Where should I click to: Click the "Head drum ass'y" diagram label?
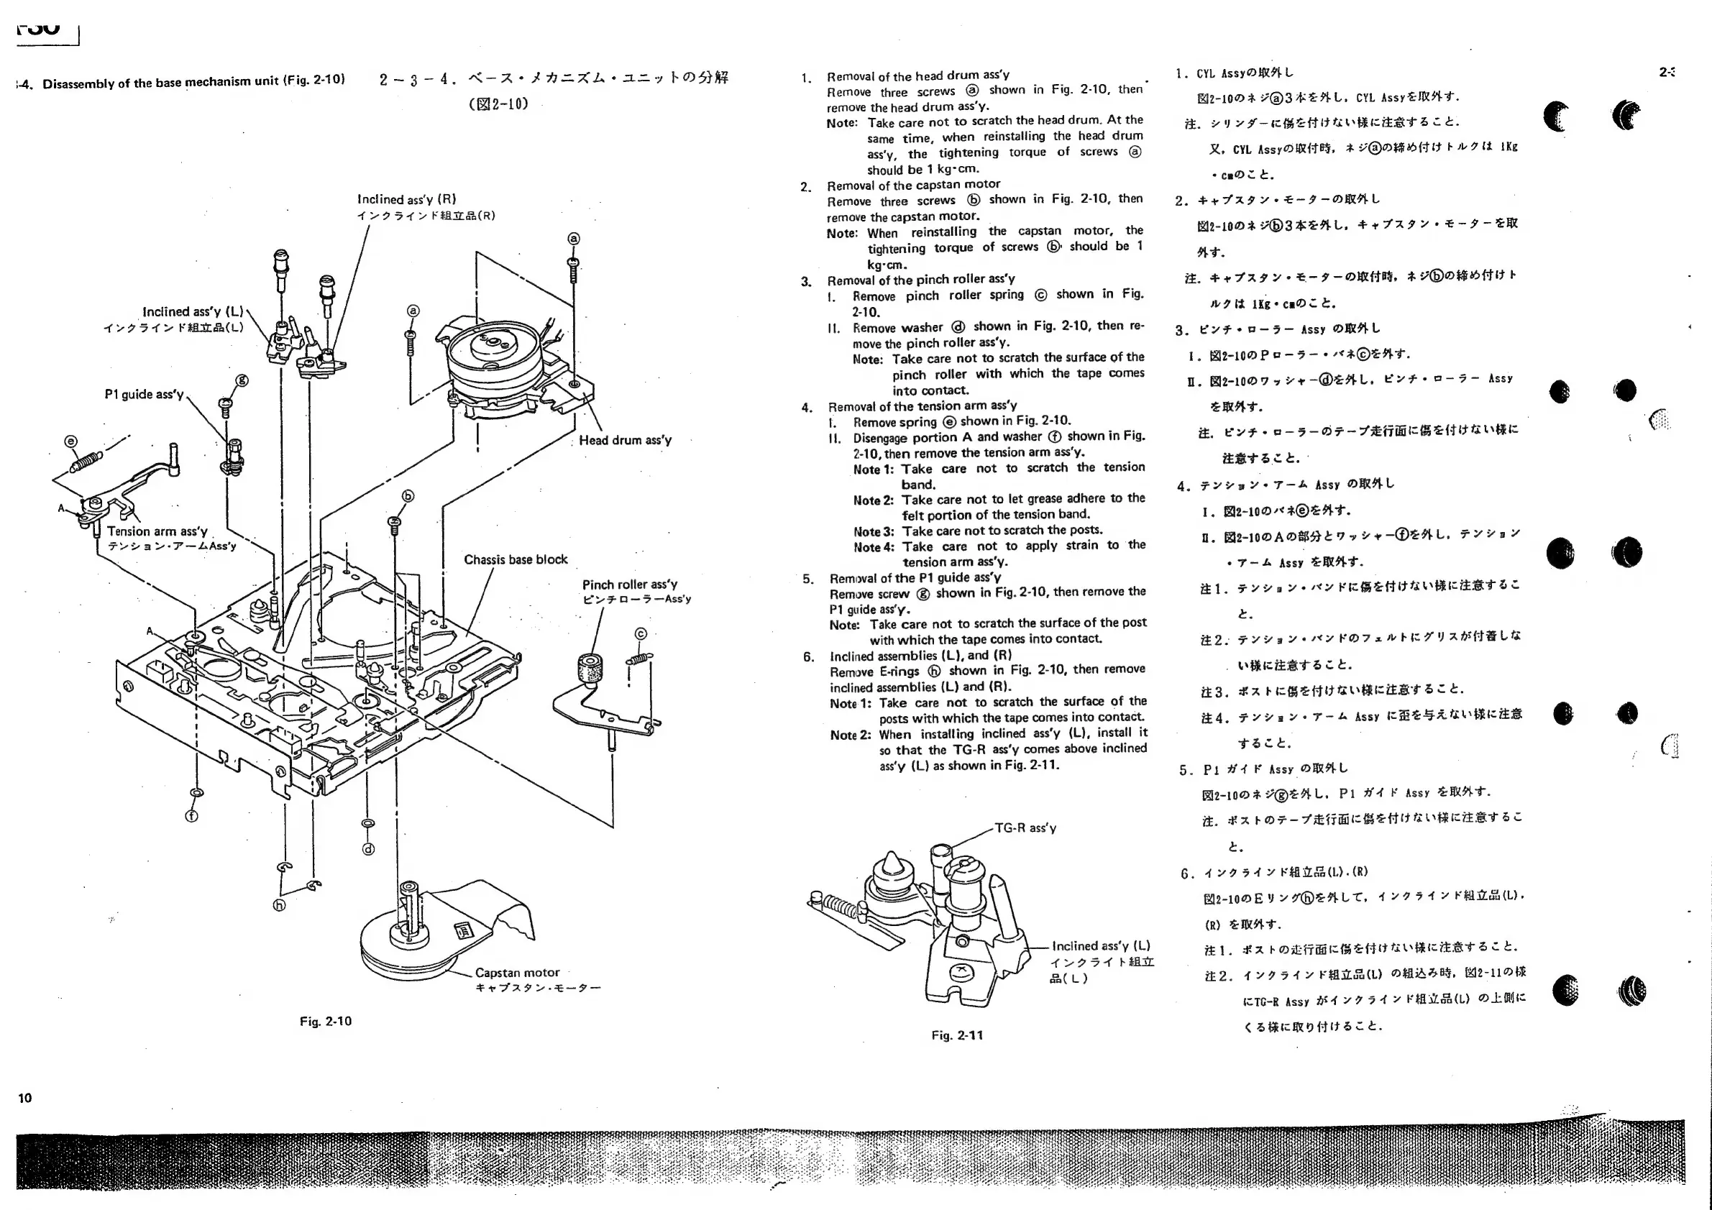click(x=625, y=440)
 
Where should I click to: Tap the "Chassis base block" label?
click(x=516, y=559)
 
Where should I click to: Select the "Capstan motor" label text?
click(x=517, y=972)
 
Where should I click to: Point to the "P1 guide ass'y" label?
click(x=144, y=394)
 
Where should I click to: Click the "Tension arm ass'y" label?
click(x=157, y=531)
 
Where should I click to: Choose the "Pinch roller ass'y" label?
click(x=629, y=585)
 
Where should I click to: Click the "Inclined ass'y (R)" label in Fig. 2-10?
click(x=406, y=199)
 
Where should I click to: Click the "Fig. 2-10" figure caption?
click(x=325, y=1021)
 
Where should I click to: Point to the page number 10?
click(x=24, y=1097)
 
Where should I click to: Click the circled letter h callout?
click(x=279, y=906)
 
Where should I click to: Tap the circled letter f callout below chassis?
click(x=192, y=815)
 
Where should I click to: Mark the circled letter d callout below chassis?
click(x=367, y=848)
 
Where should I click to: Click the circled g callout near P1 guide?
click(x=242, y=380)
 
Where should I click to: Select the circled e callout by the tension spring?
click(x=71, y=441)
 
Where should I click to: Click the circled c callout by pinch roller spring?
click(x=641, y=633)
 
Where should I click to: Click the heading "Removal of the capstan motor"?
click(x=913, y=184)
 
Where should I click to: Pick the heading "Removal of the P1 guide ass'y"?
click(x=915, y=578)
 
